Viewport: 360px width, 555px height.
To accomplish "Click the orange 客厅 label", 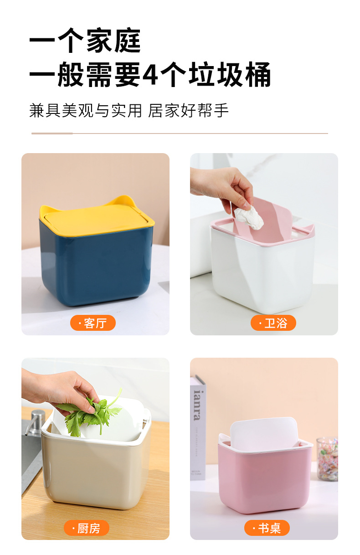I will point(93,323).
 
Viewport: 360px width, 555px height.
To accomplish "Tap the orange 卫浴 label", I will point(273,323).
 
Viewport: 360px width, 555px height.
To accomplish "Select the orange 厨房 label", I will point(87,528).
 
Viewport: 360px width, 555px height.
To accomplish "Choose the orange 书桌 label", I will point(267,528).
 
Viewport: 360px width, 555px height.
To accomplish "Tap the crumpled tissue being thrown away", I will point(249,216).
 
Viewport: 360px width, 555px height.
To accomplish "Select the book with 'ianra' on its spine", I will point(197,428).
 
